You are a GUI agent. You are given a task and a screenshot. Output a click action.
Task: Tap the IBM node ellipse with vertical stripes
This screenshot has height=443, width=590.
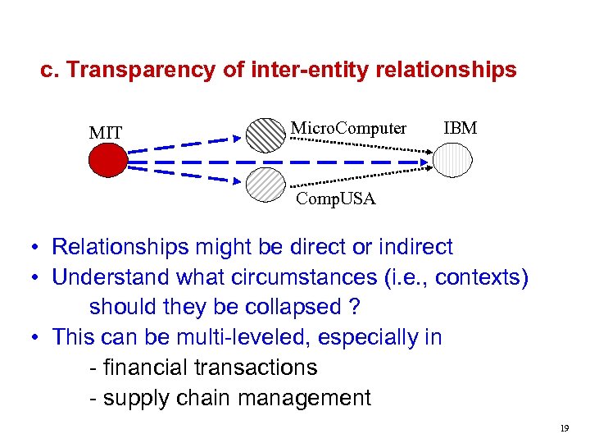(x=453, y=161)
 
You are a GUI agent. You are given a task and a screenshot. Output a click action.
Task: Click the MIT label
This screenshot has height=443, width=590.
(x=106, y=133)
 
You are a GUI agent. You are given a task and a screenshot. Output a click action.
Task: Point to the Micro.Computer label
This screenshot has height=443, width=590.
(x=348, y=129)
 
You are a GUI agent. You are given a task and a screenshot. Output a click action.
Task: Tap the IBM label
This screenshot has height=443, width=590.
(x=460, y=129)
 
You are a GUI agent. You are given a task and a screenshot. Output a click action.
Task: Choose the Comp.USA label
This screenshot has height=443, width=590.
(x=335, y=199)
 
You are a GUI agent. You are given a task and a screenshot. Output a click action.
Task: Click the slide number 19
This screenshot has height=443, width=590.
(x=564, y=428)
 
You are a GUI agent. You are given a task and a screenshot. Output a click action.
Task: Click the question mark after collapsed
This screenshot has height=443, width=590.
(x=354, y=308)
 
